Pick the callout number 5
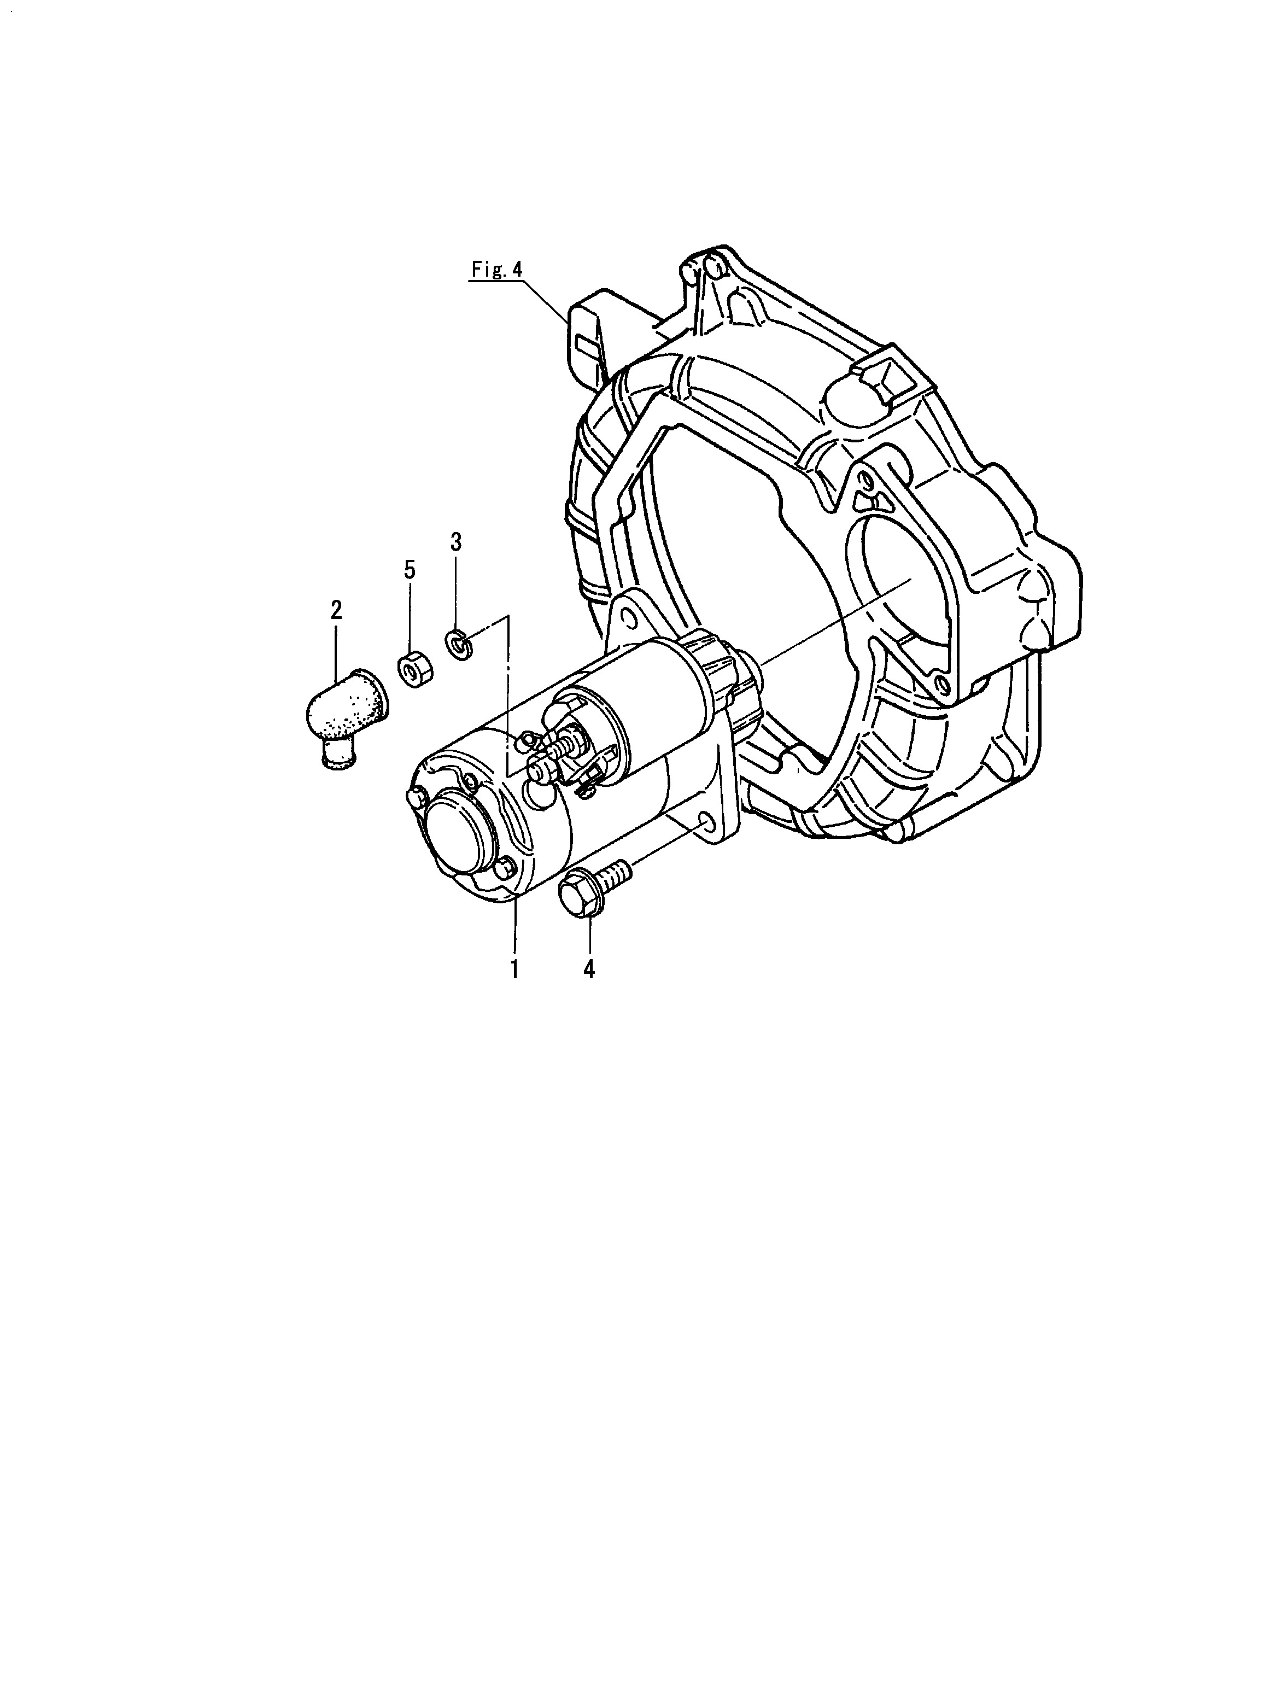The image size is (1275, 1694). coord(410,569)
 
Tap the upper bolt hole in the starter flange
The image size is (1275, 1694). coord(627,615)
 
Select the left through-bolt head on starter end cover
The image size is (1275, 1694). coord(414,797)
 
